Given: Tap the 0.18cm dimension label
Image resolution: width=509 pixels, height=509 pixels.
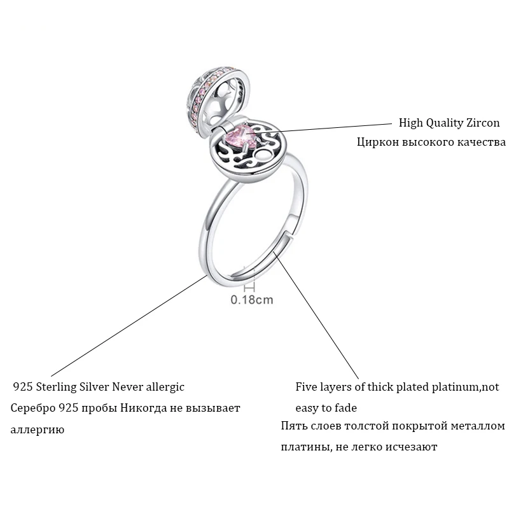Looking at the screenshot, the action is (x=252, y=299).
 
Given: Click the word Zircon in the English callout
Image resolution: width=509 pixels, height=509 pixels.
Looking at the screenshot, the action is (x=481, y=123).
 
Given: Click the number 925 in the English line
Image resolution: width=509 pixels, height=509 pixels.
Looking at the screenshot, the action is (x=22, y=386).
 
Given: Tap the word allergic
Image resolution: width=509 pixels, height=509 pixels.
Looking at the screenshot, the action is (x=165, y=386).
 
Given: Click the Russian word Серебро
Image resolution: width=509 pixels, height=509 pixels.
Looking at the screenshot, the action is (x=32, y=407).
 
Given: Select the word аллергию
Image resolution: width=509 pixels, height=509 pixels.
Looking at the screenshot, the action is (x=38, y=429).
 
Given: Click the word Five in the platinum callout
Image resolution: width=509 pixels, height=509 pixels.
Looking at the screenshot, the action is (x=307, y=386).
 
